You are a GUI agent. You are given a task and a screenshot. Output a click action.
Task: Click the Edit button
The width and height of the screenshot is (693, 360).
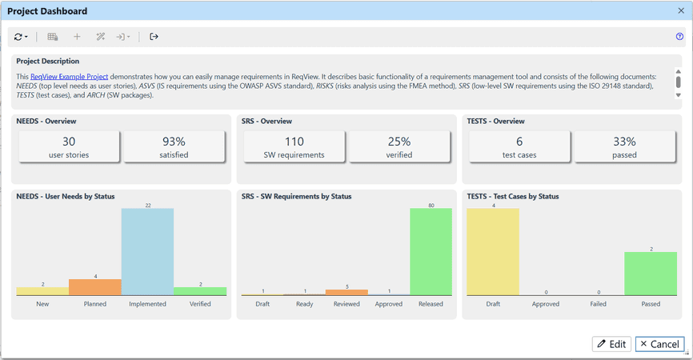click(x=611, y=344)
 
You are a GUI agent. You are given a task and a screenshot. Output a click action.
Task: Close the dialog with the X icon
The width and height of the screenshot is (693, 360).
click(x=681, y=11)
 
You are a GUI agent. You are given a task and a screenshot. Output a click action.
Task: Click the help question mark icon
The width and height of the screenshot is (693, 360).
click(x=679, y=37)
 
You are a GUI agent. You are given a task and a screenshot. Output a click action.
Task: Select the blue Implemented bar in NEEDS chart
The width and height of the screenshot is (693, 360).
click(x=147, y=252)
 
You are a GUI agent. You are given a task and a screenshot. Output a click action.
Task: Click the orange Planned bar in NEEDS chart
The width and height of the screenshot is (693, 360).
click(x=95, y=287)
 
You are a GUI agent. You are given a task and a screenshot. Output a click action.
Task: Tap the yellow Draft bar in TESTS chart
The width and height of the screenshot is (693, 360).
click(x=492, y=252)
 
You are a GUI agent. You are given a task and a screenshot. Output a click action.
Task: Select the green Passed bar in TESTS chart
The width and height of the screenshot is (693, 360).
click(x=650, y=274)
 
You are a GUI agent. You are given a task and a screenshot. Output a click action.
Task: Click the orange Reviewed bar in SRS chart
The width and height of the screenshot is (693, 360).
click(x=346, y=292)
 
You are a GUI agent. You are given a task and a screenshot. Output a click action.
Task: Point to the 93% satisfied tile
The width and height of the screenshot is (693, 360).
click(x=174, y=146)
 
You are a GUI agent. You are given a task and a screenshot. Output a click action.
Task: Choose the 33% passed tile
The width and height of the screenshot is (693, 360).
click(x=624, y=146)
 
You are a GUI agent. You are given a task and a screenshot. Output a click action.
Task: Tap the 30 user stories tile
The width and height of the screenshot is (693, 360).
click(x=68, y=146)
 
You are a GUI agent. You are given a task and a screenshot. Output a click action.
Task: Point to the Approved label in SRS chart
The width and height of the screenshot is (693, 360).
click(x=388, y=304)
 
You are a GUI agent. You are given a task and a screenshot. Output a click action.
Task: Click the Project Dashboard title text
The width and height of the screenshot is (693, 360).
click(x=47, y=11)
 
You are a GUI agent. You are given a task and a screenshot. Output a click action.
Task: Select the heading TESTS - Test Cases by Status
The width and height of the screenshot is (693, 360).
click(x=512, y=196)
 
